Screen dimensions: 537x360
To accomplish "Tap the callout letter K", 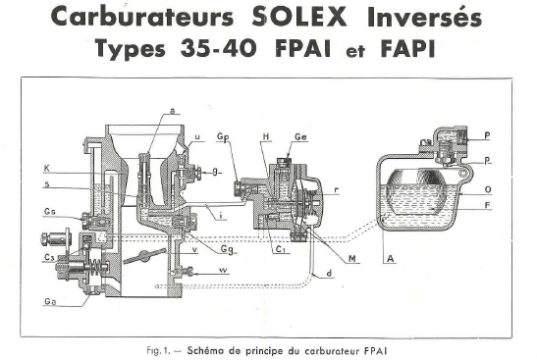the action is click(x=48, y=169).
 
